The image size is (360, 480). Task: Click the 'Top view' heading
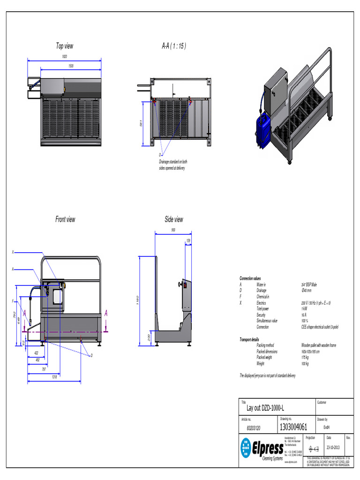pos(65,46)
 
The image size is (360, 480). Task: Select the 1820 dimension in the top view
pos(64,57)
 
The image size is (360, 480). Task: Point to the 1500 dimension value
pos(71,66)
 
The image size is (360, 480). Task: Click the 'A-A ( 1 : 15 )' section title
pos(174,46)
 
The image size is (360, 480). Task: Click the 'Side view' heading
pos(174,219)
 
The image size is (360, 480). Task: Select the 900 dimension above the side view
pos(173,230)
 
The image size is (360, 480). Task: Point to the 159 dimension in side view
pos(188,240)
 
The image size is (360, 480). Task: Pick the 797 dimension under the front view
pos(44,369)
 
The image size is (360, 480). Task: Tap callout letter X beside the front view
pos(13,252)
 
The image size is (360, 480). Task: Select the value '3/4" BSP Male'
pos(309,285)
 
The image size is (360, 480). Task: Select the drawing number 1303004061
pos(293,427)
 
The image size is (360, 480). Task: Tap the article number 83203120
pos(254,427)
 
